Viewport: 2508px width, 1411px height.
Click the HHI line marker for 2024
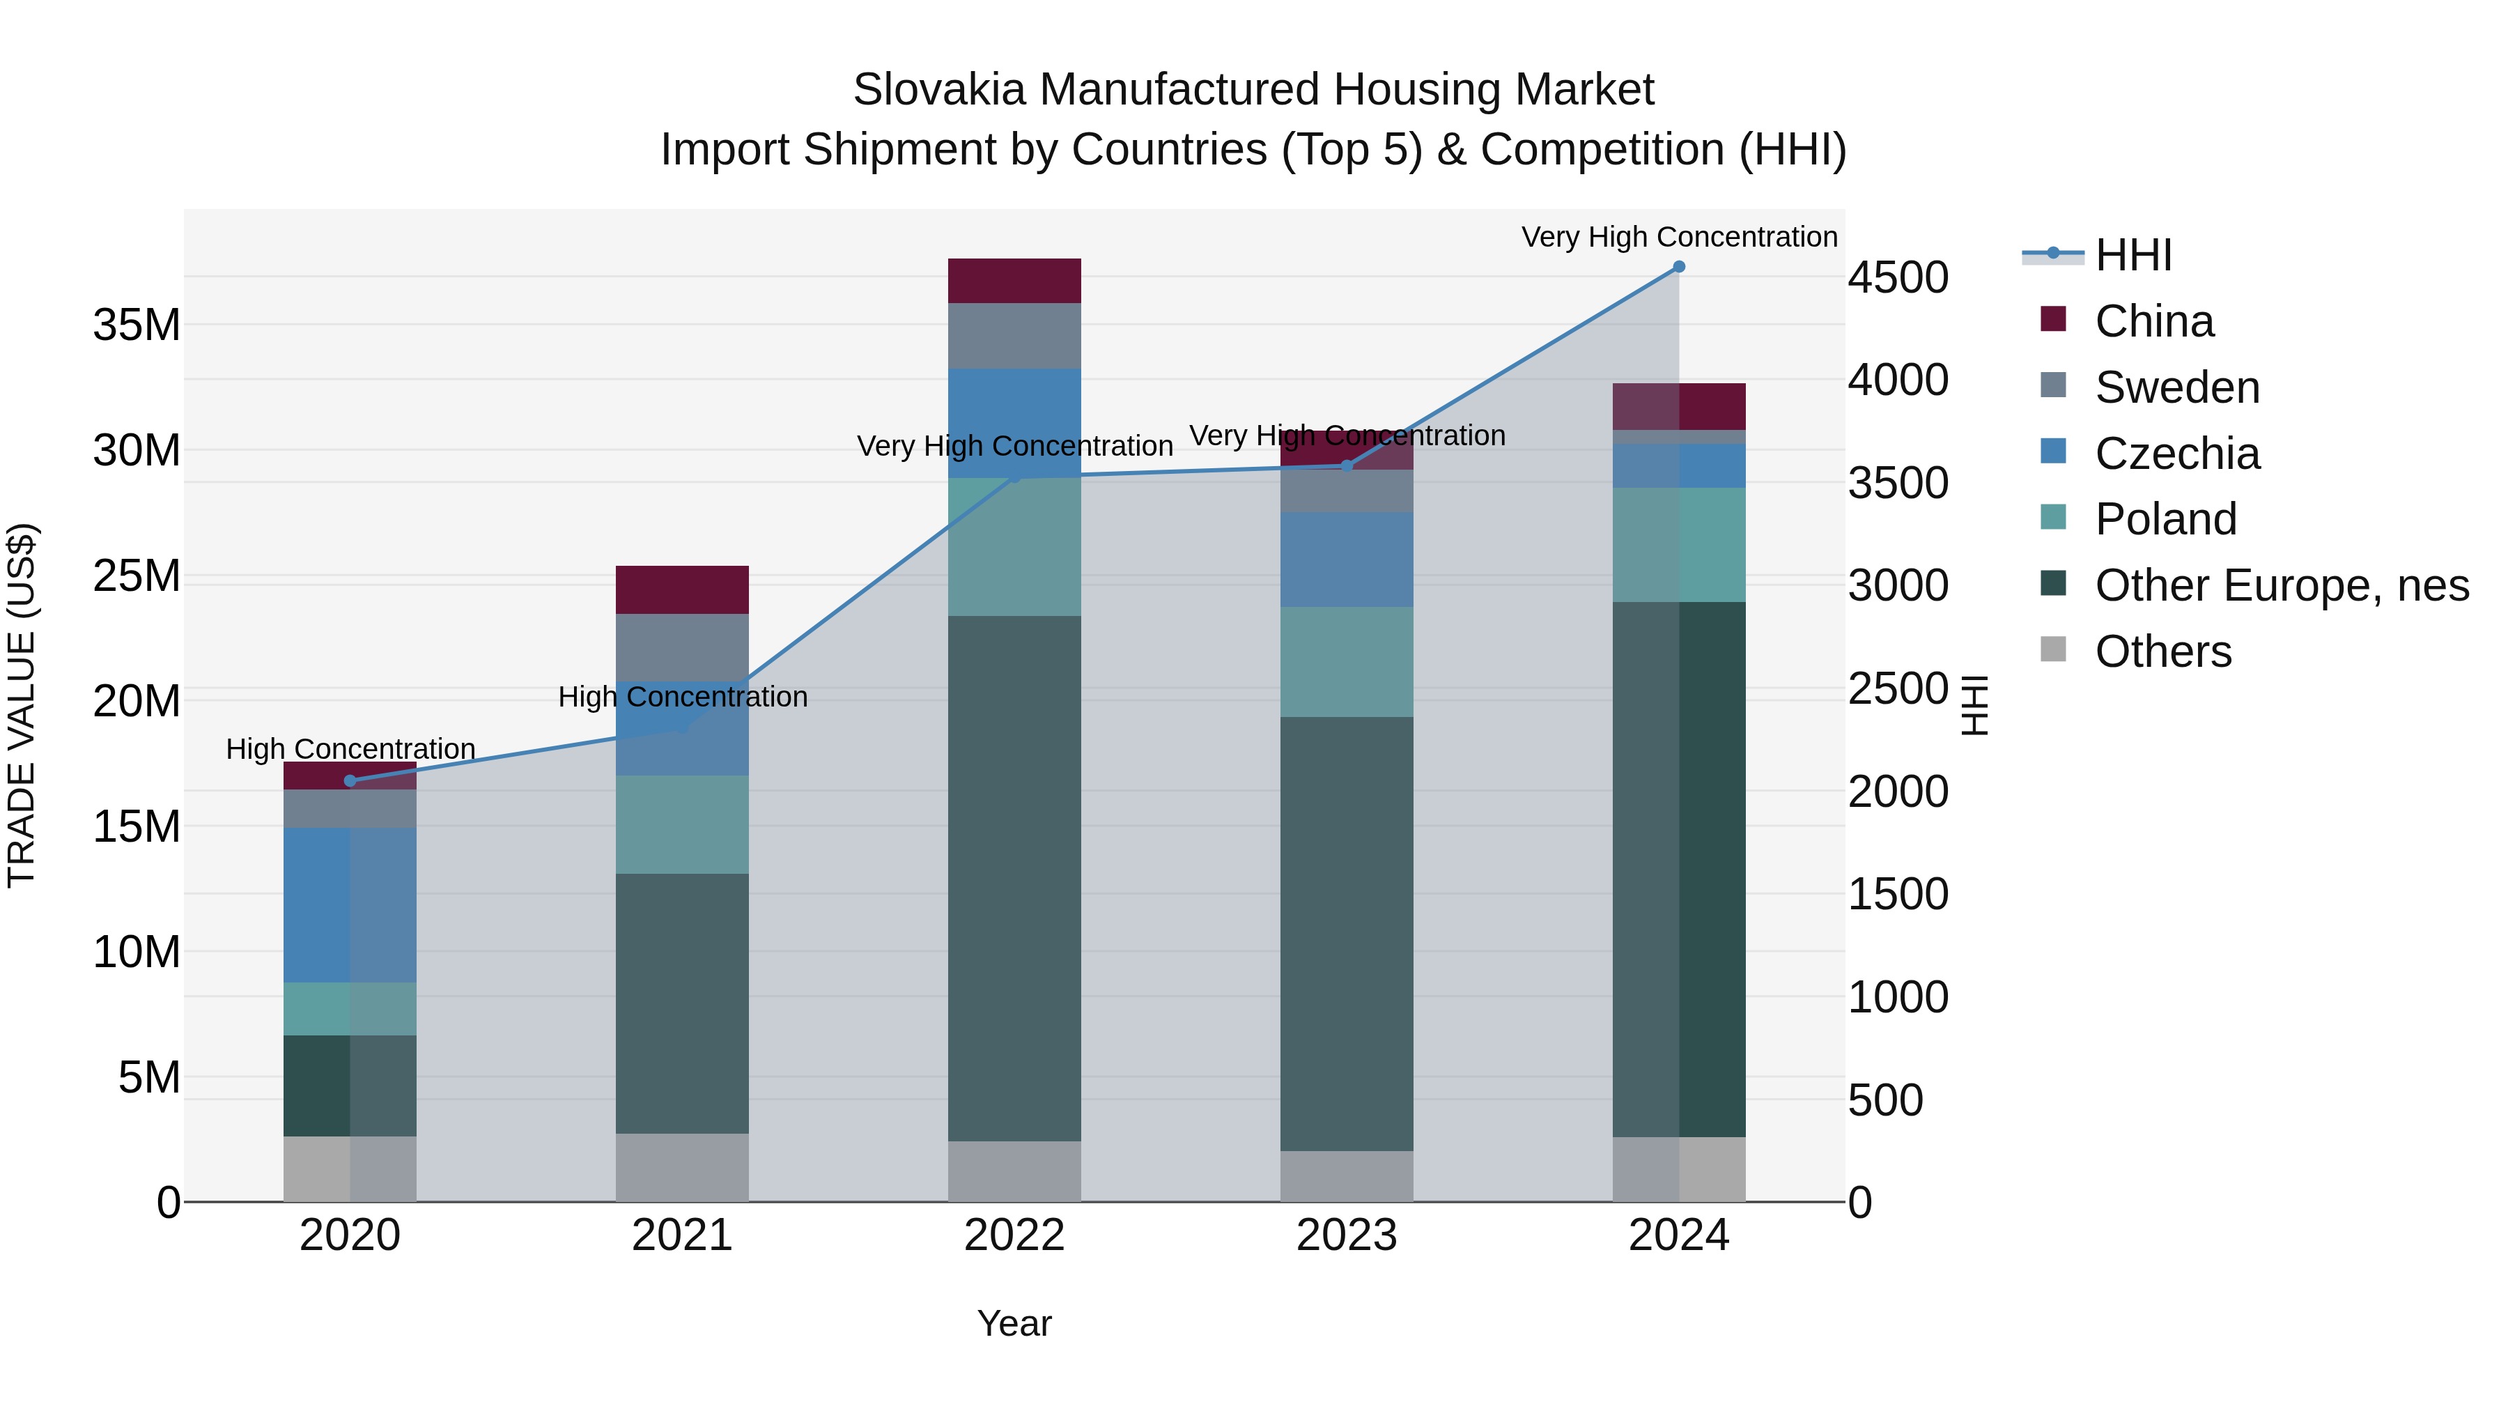coord(1678,267)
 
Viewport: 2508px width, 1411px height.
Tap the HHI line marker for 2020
coord(350,781)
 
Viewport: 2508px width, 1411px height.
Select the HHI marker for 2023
coord(1347,465)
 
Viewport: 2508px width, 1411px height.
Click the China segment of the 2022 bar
coord(1014,280)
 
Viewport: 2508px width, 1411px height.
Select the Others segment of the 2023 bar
coord(1347,1176)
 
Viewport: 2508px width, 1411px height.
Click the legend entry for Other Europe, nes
coord(2281,585)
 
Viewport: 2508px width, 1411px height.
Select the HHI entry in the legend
coord(2132,254)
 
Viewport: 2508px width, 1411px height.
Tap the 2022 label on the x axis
coord(1014,1235)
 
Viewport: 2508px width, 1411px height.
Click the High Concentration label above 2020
coord(350,749)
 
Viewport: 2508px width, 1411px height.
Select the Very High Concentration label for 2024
coord(1678,237)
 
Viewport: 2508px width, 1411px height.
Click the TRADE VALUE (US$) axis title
coord(22,705)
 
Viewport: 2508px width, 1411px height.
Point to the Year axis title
coord(1014,1323)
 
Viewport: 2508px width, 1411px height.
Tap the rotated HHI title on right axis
coord(1974,705)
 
